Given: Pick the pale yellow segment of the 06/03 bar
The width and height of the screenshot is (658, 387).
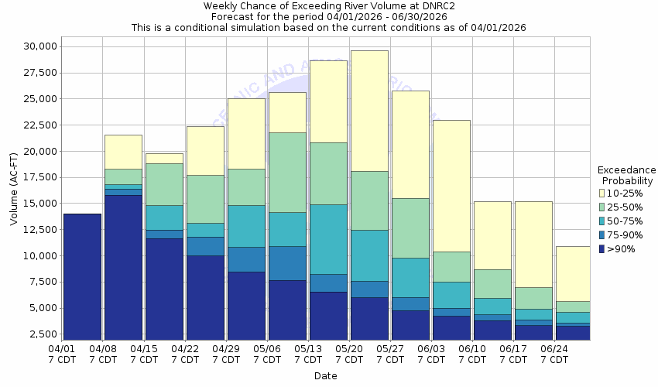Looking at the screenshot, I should (x=451, y=186).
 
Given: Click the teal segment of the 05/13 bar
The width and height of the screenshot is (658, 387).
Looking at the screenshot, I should (x=328, y=239).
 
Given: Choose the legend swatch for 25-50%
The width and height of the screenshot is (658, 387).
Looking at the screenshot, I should (x=603, y=207).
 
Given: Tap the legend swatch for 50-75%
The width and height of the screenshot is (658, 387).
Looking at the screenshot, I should (x=603, y=221).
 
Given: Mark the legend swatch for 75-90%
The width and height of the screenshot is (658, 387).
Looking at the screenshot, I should (x=603, y=235).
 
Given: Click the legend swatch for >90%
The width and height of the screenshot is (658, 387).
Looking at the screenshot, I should (x=603, y=249).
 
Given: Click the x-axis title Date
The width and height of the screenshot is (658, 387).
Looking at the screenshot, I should (x=325, y=376).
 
